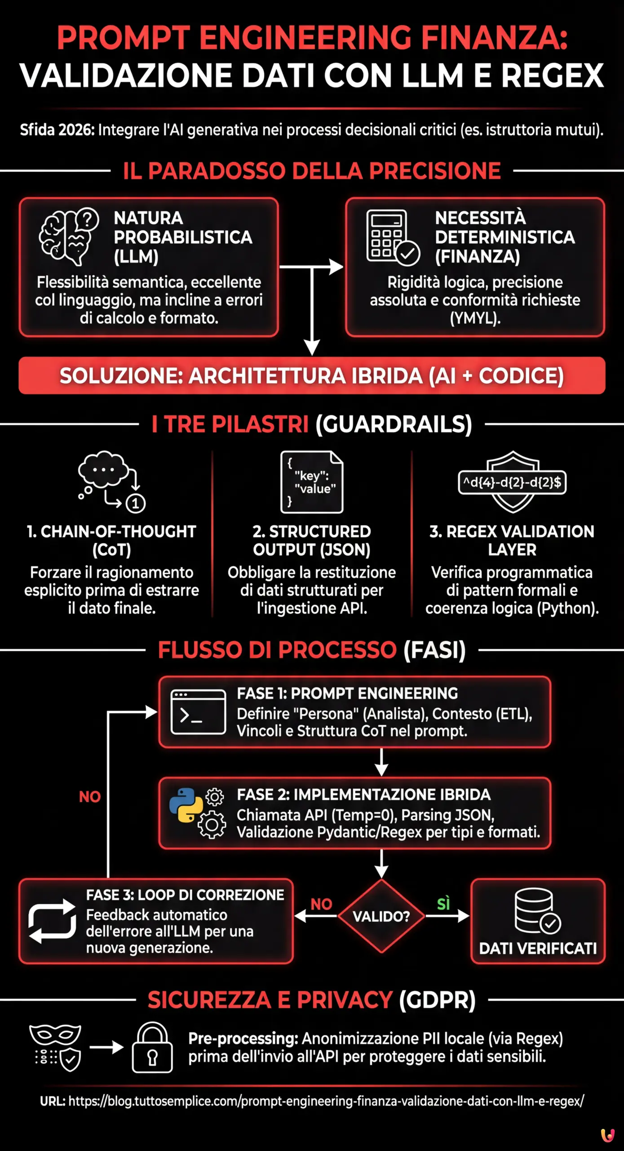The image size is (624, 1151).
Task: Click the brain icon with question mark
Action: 69,236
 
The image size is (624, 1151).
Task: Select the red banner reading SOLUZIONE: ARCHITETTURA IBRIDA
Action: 312,376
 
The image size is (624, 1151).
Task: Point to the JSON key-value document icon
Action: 312,482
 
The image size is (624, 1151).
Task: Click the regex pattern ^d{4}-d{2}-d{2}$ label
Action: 512,482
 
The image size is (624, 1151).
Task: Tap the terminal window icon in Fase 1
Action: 198,712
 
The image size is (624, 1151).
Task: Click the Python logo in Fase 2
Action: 186,805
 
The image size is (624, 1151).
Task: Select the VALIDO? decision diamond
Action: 381,916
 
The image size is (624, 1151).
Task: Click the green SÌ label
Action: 443,903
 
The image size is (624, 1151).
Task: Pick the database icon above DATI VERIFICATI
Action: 537,910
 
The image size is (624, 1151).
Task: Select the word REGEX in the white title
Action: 552,75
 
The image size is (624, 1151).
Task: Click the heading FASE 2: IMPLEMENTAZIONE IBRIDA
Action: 363,795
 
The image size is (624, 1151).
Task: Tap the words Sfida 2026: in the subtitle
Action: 57,130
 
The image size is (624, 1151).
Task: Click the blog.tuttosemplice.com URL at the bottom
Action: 326,1101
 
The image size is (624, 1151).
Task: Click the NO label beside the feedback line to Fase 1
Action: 90,797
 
